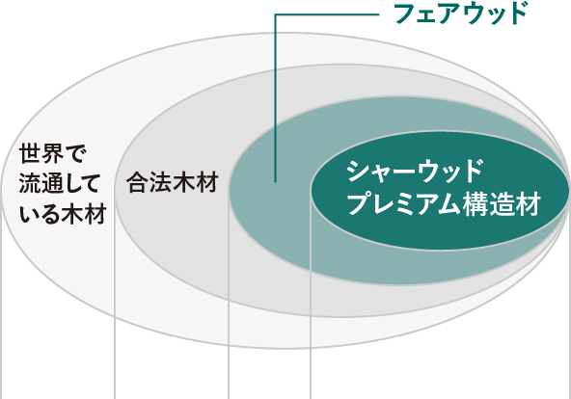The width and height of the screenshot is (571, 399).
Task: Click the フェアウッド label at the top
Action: point(461,13)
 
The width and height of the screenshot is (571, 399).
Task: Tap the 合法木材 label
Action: point(173,182)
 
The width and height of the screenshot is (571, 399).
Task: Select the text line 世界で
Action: point(52,153)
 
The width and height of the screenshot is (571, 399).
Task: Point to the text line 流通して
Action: point(60,184)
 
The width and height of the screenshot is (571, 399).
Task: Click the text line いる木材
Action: point(63,214)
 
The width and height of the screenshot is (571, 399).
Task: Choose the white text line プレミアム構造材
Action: point(443,204)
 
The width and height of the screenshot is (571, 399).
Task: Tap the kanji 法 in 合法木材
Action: point(160,182)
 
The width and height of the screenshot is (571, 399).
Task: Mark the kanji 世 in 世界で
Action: point(30,153)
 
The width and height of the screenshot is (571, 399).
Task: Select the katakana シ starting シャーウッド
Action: point(358,171)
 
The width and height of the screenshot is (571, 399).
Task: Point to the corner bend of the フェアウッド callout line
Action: point(275,14)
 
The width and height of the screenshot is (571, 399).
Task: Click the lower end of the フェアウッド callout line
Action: point(275,181)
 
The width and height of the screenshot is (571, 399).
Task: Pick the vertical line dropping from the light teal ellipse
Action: point(229,295)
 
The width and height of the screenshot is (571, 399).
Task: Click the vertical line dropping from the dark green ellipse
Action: point(311,295)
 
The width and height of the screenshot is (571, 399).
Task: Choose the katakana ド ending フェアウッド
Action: point(515,13)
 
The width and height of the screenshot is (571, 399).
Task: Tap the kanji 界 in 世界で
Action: point(53,153)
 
